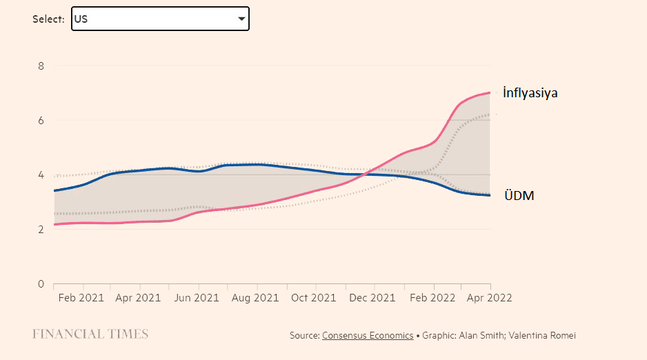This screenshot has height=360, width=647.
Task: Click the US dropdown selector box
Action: (x=159, y=19)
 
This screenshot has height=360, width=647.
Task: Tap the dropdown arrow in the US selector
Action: (x=241, y=19)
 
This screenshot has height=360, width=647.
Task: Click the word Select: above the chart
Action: (x=49, y=19)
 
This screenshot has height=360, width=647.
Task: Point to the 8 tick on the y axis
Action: (x=41, y=66)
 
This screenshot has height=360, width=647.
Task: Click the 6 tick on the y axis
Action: (x=41, y=121)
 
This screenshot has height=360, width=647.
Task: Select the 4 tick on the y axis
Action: (x=41, y=175)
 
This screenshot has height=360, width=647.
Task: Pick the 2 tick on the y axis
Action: (x=41, y=230)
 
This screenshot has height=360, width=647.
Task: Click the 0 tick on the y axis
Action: (x=41, y=284)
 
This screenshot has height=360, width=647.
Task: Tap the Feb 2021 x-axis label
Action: (x=81, y=298)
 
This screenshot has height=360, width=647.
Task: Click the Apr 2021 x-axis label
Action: (x=139, y=298)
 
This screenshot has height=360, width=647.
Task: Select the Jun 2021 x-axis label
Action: (x=197, y=298)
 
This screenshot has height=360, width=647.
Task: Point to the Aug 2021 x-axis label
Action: (x=256, y=298)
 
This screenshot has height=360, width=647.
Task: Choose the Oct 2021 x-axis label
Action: (x=314, y=298)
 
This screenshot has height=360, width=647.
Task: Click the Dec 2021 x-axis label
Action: (x=372, y=298)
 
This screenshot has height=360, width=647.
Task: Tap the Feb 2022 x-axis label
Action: (x=432, y=298)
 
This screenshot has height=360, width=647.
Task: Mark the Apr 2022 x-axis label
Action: (x=490, y=298)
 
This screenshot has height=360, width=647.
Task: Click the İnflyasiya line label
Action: (x=530, y=93)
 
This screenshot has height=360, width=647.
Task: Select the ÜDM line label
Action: (x=518, y=196)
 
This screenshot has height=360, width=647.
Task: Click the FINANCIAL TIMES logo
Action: (x=90, y=334)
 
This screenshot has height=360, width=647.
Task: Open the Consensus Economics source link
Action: (x=368, y=336)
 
